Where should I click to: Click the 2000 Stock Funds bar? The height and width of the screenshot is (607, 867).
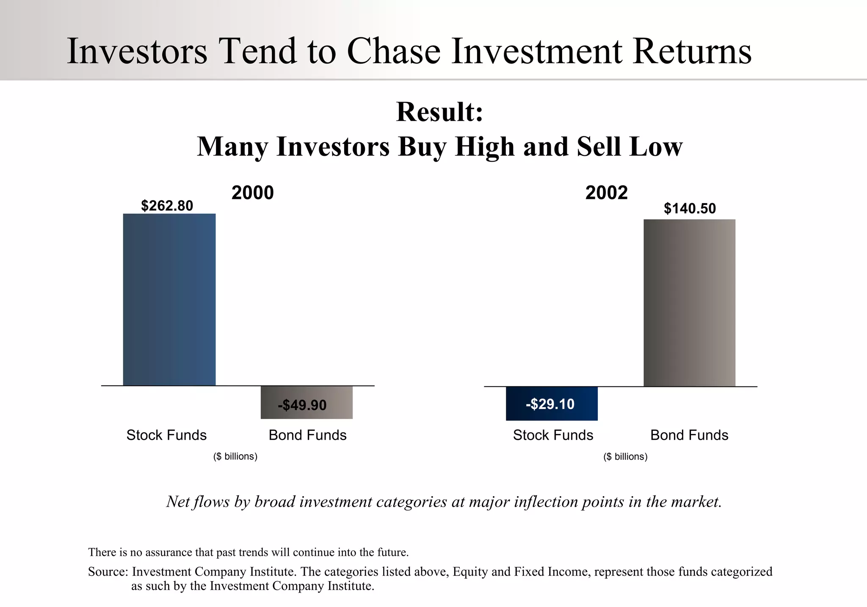point(169,299)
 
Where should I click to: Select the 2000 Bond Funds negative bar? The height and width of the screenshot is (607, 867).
point(306,402)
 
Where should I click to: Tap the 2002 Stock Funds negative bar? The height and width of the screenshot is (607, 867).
point(552,403)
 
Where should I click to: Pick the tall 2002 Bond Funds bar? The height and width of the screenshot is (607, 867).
point(689,303)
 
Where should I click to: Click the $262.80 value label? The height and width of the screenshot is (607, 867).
point(167,206)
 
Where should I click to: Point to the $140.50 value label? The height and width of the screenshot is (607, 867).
point(690,208)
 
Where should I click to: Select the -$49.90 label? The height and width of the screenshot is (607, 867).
point(302,405)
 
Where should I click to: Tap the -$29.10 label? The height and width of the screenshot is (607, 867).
point(550,404)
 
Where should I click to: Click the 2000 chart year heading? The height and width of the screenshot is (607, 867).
point(253,193)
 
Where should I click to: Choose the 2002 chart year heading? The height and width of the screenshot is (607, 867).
point(606,193)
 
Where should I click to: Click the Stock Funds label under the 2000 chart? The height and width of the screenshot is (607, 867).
point(166,435)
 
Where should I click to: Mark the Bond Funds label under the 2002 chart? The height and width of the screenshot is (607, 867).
point(689,435)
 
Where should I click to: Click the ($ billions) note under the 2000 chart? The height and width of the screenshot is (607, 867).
point(235,456)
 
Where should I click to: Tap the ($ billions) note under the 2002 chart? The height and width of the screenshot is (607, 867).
point(625,457)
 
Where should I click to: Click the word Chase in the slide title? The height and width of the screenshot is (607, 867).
point(394,51)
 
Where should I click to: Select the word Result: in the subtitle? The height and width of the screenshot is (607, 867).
point(439,112)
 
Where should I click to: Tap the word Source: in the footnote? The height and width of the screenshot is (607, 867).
point(108,572)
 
